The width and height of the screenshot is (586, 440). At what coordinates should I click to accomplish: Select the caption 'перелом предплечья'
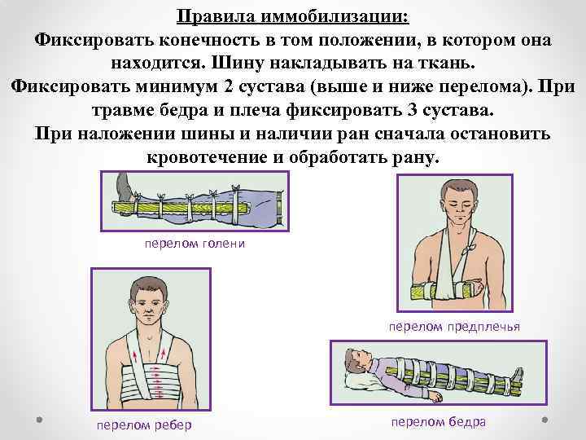pyautogui.click(x=454, y=327)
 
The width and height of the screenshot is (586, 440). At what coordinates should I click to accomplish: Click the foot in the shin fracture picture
pyautogui.click(x=124, y=186)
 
